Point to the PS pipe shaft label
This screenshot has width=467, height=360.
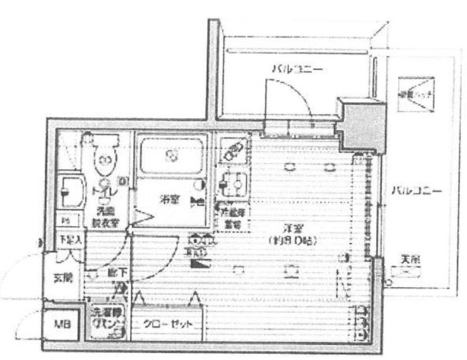point(67,221)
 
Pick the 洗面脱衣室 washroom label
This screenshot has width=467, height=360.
point(105,217)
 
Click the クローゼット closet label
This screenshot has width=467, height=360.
point(167,324)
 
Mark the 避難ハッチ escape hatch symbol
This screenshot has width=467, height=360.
point(415,94)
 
